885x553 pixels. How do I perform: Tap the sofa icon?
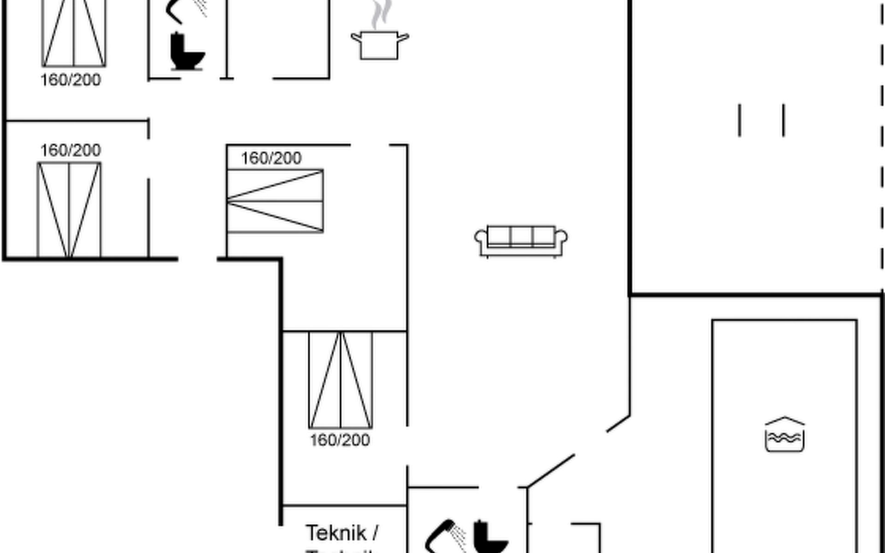point(521,241)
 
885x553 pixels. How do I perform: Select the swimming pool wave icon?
point(785,435)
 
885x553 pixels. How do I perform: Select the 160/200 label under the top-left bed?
point(71,80)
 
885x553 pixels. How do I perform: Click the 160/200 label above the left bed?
point(71,150)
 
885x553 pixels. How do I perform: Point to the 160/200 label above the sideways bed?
point(271,159)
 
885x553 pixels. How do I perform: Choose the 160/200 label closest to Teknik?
point(340,440)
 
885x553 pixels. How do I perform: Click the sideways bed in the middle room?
point(275,201)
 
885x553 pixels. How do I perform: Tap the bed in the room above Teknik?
point(341,380)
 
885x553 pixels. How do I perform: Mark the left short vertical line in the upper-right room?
point(740,120)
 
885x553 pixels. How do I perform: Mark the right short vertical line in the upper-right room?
point(784,120)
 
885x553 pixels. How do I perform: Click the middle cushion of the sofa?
point(521,236)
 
